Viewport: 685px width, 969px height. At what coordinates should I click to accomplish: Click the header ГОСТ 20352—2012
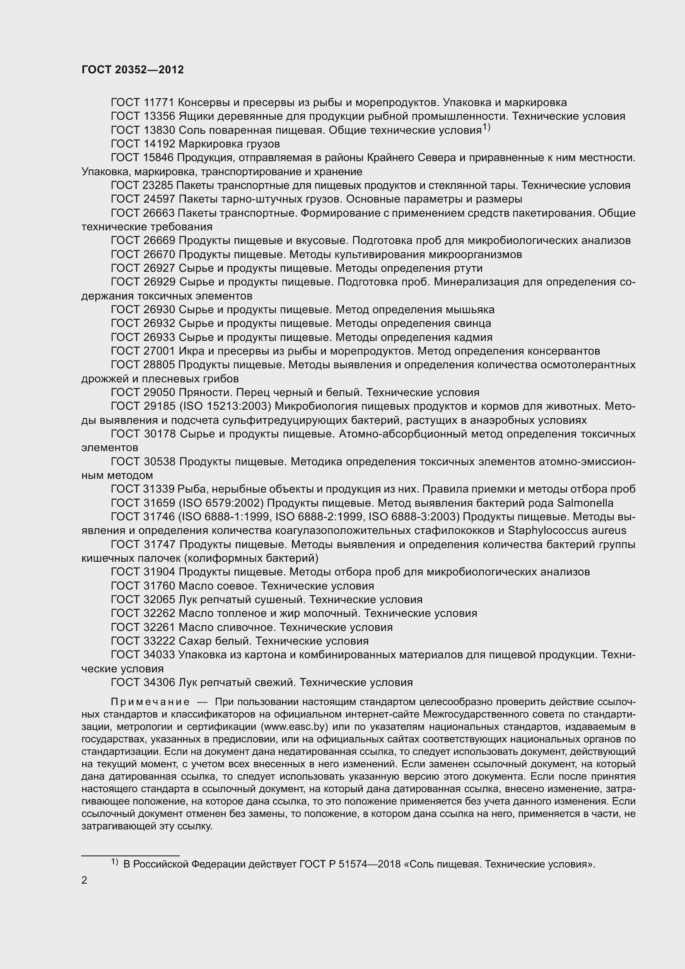click(x=133, y=70)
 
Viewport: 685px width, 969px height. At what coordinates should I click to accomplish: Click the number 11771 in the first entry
click(x=159, y=103)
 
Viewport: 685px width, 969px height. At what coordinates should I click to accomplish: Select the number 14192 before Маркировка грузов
click(x=159, y=144)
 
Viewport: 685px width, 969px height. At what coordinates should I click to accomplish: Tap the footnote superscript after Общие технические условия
click(x=486, y=127)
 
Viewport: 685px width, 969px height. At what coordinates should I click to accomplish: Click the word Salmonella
click(x=585, y=503)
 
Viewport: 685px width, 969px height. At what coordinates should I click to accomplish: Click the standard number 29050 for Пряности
click(x=159, y=392)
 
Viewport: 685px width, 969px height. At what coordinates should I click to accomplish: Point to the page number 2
click(x=84, y=880)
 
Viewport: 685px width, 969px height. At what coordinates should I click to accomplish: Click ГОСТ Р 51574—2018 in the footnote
click(x=350, y=864)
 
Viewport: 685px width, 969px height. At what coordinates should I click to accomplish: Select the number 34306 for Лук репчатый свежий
click(x=159, y=682)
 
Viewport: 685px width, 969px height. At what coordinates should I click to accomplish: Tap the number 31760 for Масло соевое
click(x=159, y=586)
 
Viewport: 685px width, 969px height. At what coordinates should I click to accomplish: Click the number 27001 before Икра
click(x=159, y=351)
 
